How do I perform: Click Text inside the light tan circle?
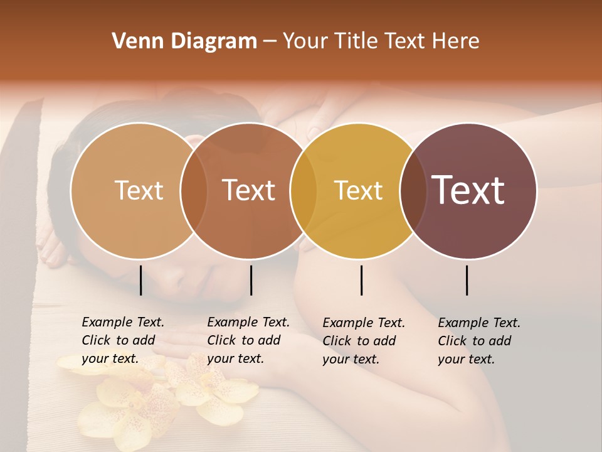coord(139,190)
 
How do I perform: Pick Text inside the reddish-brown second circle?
coord(249,190)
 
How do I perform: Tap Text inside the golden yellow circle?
coord(358,190)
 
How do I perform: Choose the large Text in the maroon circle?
coord(468,190)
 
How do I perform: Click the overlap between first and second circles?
coord(194,190)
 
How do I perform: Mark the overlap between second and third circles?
coord(304,190)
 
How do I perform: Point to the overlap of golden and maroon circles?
coord(413,190)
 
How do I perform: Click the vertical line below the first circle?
coord(141,280)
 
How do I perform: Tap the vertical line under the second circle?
coord(251,280)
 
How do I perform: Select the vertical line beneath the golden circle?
coord(362,280)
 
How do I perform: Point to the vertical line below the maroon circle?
coord(467,280)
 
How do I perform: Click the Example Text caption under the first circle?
coord(122,340)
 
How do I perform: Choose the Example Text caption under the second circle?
coord(248,340)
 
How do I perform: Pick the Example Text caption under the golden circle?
coord(363,341)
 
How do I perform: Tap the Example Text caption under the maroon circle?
coord(478,341)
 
